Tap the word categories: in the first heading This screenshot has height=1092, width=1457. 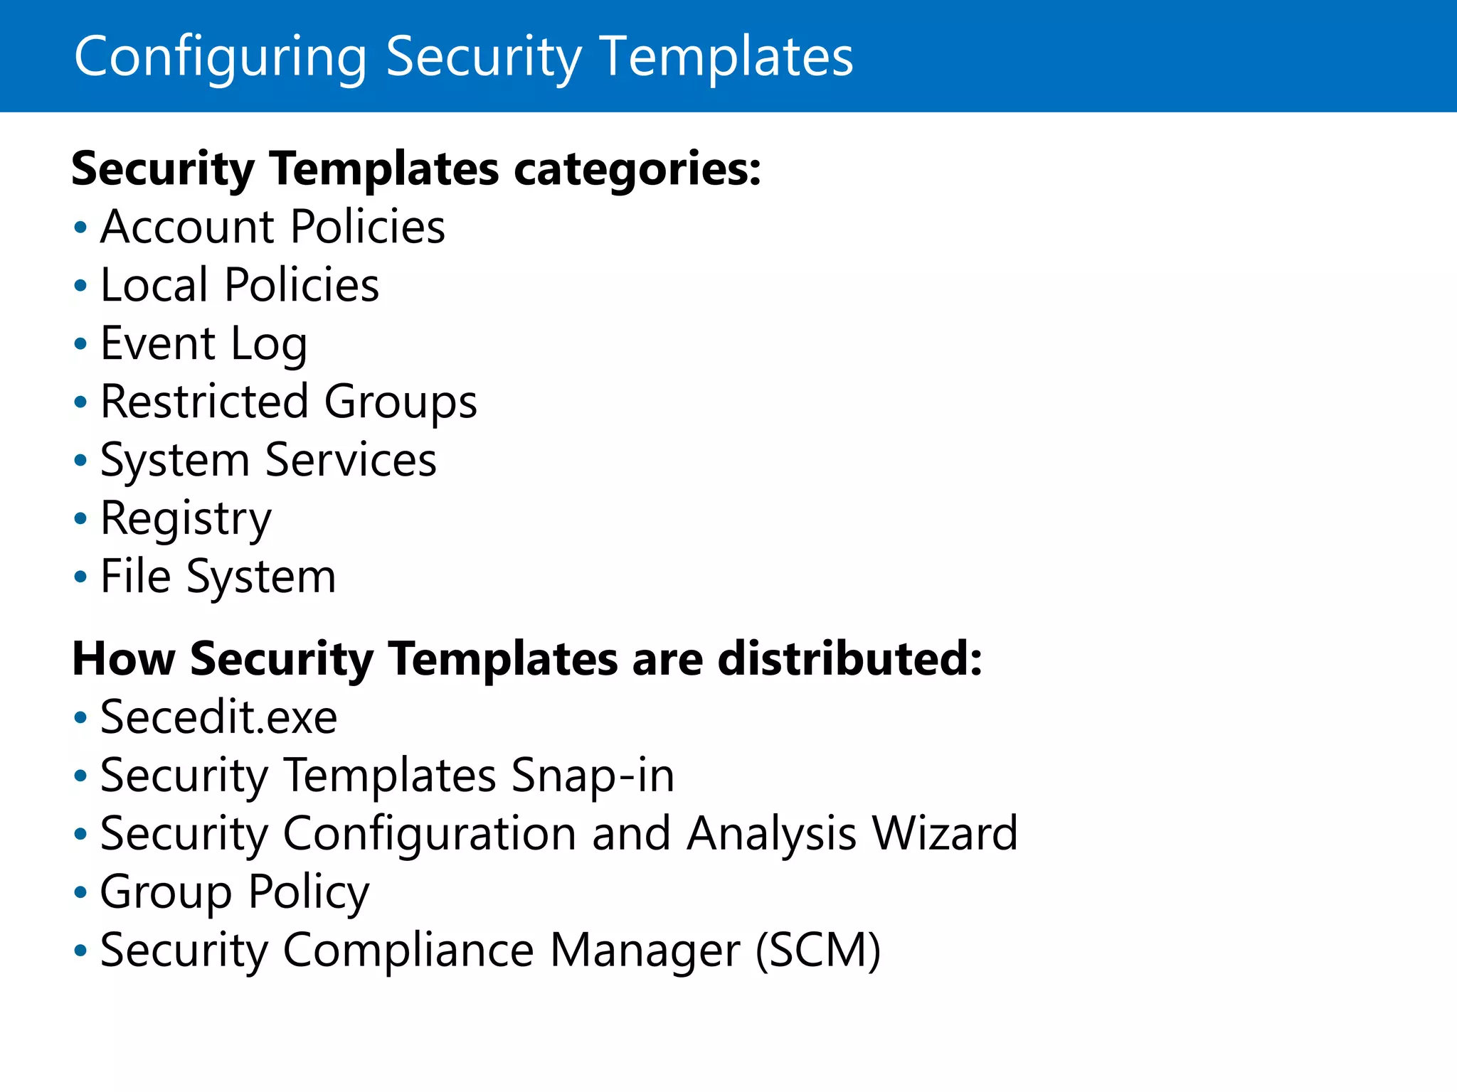click(637, 171)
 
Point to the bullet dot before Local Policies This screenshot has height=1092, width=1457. click(80, 286)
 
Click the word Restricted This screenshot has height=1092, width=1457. click(204, 402)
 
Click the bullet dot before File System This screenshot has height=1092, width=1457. click(80, 577)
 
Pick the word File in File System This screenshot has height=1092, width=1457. click(135, 577)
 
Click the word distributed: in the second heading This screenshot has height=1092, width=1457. click(849, 660)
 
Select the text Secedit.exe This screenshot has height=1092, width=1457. click(218, 718)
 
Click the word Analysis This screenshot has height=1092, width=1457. click(771, 834)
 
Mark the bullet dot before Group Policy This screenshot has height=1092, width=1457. click(80, 892)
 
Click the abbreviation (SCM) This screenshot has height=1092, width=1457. click(818, 951)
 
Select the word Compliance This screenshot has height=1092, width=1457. click(408, 951)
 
